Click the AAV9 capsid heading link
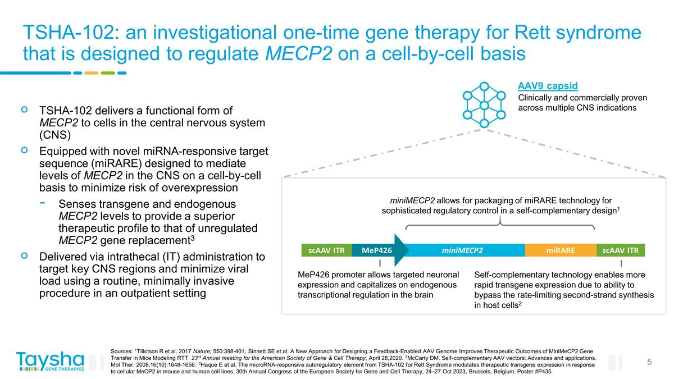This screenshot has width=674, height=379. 548,86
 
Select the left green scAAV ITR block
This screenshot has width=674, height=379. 326,250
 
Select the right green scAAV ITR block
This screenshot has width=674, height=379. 621,250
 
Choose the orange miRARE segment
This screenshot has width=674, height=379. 560,250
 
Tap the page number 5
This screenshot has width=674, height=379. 649,362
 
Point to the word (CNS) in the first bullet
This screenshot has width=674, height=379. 56,135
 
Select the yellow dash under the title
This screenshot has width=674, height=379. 91,72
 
